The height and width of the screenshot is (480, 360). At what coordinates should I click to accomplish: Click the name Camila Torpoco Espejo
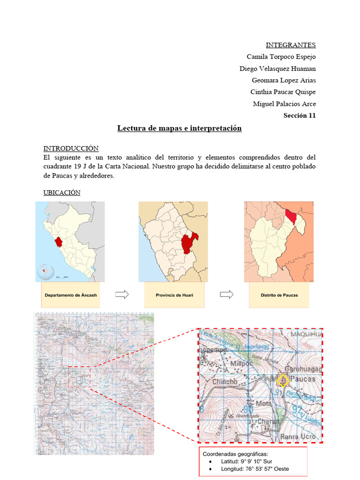pyautogui.click(x=281, y=57)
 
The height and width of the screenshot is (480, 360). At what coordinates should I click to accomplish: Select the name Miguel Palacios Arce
pyautogui.click(x=284, y=104)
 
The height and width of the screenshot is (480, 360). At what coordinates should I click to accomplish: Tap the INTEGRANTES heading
pyautogui.click(x=291, y=45)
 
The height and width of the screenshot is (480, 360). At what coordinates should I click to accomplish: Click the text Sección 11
pyautogui.click(x=300, y=116)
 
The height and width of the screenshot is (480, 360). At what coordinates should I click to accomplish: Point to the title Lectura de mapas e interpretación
pyautogui.click(x=180, y=128)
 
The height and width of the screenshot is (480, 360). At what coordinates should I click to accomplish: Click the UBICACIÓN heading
pyautogui.click(x=62, y=193)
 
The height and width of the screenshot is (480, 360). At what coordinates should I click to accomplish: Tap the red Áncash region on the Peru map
pyautogui.click(x=59, y=242)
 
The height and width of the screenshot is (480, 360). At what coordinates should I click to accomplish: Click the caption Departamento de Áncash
pyautogui.click(x=71, y=295)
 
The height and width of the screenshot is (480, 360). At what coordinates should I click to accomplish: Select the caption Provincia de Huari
pyautogui.click(x=174, y=295)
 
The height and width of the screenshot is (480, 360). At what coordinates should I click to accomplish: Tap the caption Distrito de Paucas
pyautogui.click(x=279, y=295)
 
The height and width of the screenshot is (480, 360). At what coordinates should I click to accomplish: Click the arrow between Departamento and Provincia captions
pyautogui.click(x=122, y=294)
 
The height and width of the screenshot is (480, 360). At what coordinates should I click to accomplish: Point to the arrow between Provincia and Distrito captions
pyautogui.click(x=227, y=294)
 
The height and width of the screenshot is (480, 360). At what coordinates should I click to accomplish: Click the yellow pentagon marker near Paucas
pyautogui.click(x=282, y=380)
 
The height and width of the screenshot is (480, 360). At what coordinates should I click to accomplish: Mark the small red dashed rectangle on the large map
pyautogui.click(x=79, y=376)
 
